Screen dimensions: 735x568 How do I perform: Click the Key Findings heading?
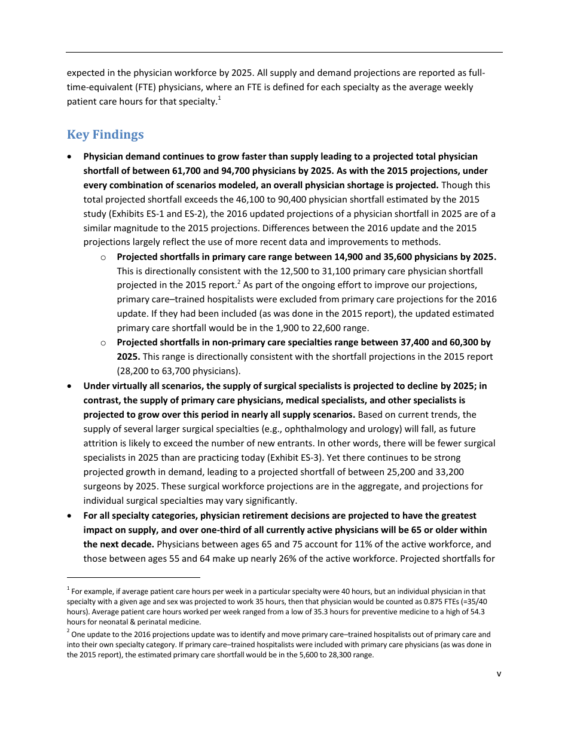[105, 134]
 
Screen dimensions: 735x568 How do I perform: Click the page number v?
[499, 674]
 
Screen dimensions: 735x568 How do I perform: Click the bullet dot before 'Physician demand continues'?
[71, 157]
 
